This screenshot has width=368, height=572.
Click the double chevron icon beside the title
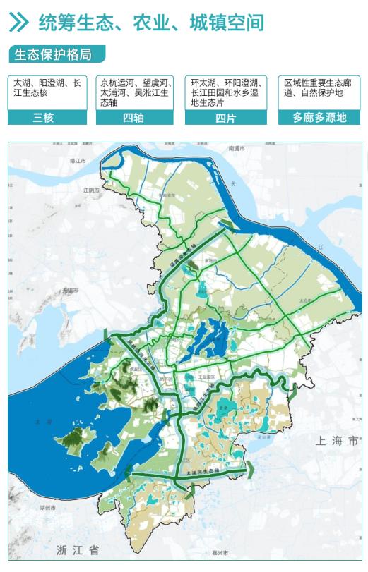[x=19, y=22]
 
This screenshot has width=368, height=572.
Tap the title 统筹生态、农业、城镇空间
[x=150, y=23]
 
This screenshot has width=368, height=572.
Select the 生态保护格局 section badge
[x=56, y=54]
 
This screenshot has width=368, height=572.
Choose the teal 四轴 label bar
[x=135, y=117]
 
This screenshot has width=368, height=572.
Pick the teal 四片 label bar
[x=225, y=117]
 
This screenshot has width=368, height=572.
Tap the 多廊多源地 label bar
[x=319, y=117]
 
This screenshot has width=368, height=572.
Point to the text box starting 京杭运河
[x=135, y=92]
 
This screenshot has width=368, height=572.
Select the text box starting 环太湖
[x=225, y=92]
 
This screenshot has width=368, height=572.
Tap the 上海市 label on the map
[x=338, y=441]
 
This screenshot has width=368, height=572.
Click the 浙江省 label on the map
[x=79, y=549]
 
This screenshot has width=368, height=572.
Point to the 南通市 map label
[x=236, y=149]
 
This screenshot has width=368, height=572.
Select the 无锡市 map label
[x=69, y=290]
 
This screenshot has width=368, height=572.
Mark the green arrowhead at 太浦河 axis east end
[x=250, y=469]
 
